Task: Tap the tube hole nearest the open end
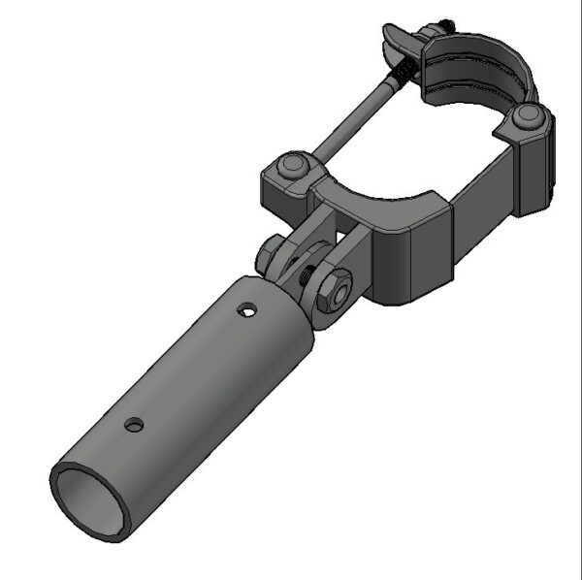pos(135,424)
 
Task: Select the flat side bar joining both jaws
pos(485,194)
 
